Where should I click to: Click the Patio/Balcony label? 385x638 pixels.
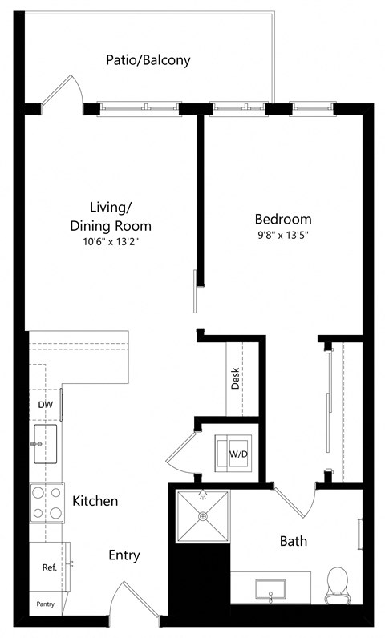click(x=148, y=60)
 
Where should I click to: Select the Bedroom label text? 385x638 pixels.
click(x=283, y=219)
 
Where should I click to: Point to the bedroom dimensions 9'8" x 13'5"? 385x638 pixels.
click(x=283, y=236)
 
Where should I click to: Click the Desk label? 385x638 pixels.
click(x=236, y=379)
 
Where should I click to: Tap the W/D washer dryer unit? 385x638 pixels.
click(x=237, y=454)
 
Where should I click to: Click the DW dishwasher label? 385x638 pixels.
click(x=46, y=405)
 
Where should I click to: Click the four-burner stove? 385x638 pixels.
click(x=47, y=503)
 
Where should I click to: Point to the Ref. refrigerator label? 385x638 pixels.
click(x=48, y=567)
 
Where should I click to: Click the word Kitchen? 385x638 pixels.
click(x=95, y=501)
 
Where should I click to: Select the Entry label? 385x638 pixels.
click(x=124, y=555)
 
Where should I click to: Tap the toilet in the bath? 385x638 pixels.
click(x=338, y=585)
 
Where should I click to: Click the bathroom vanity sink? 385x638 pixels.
click(x=272, y=589)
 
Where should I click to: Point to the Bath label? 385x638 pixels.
click(x=293, y=541)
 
